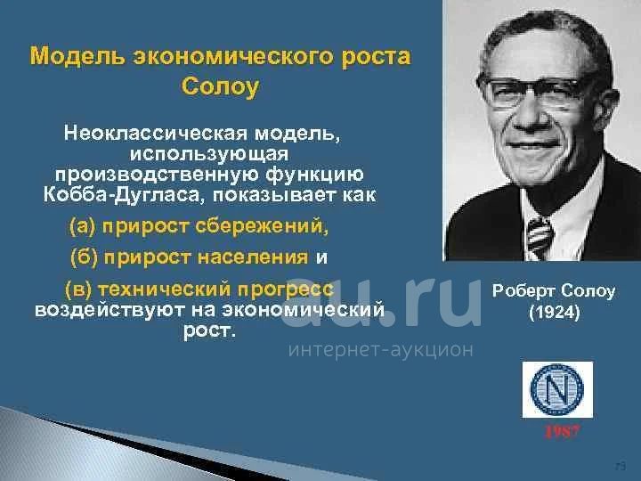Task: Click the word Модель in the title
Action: point(77,56)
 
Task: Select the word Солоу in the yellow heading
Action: point(221,86)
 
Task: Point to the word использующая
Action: point(209,155)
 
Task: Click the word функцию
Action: point(314,175)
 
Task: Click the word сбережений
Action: point(262,226)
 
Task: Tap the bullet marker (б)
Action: point(85,257)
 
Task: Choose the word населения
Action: point(253,257)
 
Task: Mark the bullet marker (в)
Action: point(79,290)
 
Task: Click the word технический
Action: point(165,290)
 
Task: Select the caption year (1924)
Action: point(555,313)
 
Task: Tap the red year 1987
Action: point(562,431)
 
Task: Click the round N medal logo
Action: point(556,388)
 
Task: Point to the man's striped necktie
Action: point(539,237)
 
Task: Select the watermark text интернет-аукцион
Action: point(381,350)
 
